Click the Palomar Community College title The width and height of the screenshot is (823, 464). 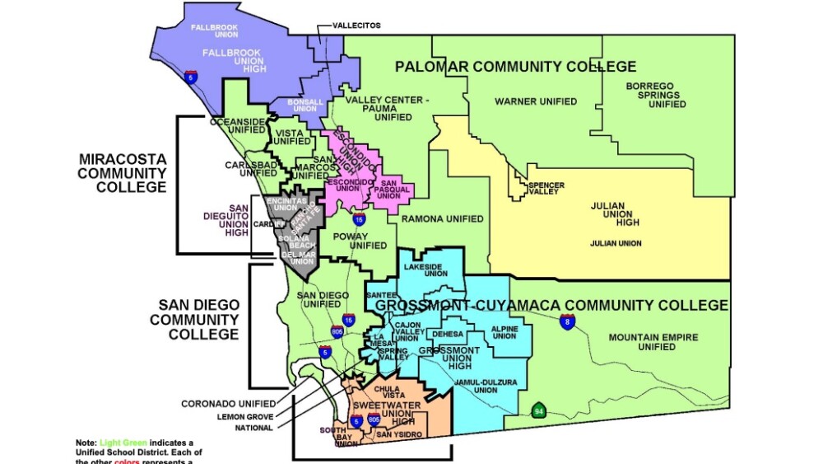click(x=515, y=66)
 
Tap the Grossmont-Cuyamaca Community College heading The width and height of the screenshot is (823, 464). click(x=551, y=305)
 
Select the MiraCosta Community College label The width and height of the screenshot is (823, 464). click(x=123, y=173)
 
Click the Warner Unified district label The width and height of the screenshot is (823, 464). click(x=535, y=101)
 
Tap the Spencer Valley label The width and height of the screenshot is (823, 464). click(x=546, y=189)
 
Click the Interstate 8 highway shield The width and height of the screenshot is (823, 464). click(x=567, y=321)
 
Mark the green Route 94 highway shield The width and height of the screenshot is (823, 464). click(x=539, y=410)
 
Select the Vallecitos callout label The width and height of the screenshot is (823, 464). click(x=356, y=26)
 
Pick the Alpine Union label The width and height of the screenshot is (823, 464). click(x=504, y=331)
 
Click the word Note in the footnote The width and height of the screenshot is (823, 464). click(x=86, y=443)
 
